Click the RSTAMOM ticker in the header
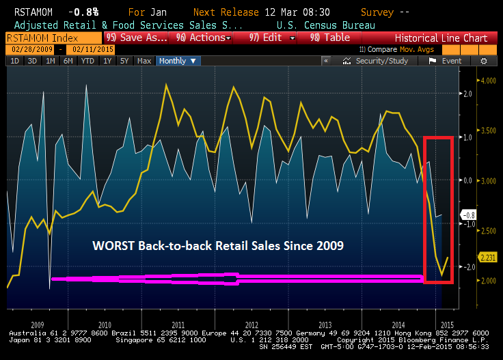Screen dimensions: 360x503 (x=25, y=13)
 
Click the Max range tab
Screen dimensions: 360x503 (x=144, y=61)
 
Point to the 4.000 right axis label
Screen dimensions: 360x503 (x=487, y=81)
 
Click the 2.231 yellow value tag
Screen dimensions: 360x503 (x=487, y=258)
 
